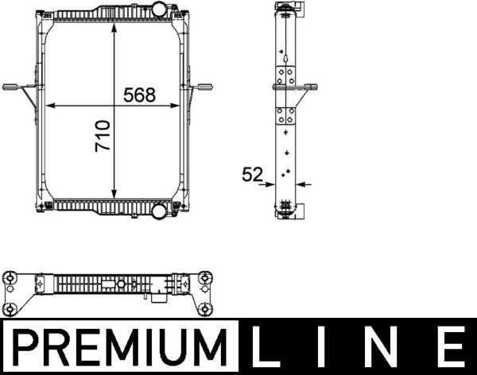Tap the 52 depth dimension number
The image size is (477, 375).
252,175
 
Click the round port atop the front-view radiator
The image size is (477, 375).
159,10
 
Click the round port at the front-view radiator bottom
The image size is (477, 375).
159,211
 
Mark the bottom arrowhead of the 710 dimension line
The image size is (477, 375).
116,195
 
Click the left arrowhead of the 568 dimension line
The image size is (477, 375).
50,106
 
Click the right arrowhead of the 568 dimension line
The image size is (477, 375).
179,106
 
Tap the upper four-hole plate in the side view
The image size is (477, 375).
285,77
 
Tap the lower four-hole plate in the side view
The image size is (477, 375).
285,116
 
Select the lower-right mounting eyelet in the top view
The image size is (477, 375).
205,308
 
